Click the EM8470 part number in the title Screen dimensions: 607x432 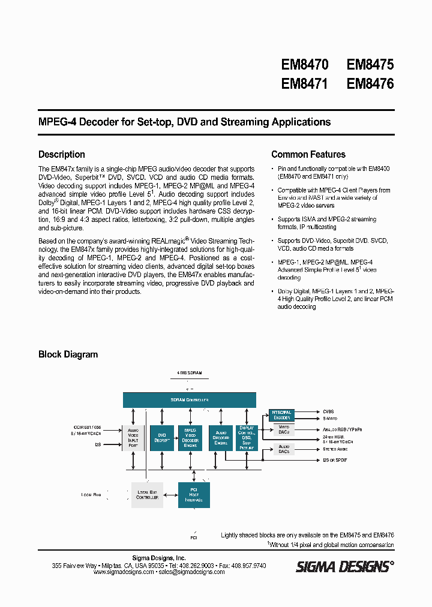pyautogui.click(x=304, y=65)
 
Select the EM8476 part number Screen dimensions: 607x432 pyautogui.click(x=370, y=84)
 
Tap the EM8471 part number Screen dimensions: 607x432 pyautogui.click(x=304, y=84)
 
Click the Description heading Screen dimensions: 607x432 pyautogui.click(x=62, y=154)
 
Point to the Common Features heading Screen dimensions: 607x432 pyautogui.click(x=308, y=154)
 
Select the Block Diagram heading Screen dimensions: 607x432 pyautogui.click(x=68, y=354)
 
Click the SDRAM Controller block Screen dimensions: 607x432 pyautogui.click(x=189, y=399)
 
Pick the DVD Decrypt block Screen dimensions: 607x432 pyautogui.click(x=161, y=438)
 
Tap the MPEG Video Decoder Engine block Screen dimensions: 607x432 pyautogui.click(x=190, y=438)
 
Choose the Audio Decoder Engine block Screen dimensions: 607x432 pyautogui.click(x=220, y=438)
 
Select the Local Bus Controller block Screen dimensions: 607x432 pyautogui.click(x=146, y=494)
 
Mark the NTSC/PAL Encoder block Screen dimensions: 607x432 pyautogui.click(x=282, y=415)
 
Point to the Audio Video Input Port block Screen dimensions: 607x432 pyautogui.click(x=134, y=438)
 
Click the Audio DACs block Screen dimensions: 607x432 pyautogui.click(x=284, y=449)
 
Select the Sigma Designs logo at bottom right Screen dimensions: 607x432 pyautogui.click(x=344, y=566)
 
